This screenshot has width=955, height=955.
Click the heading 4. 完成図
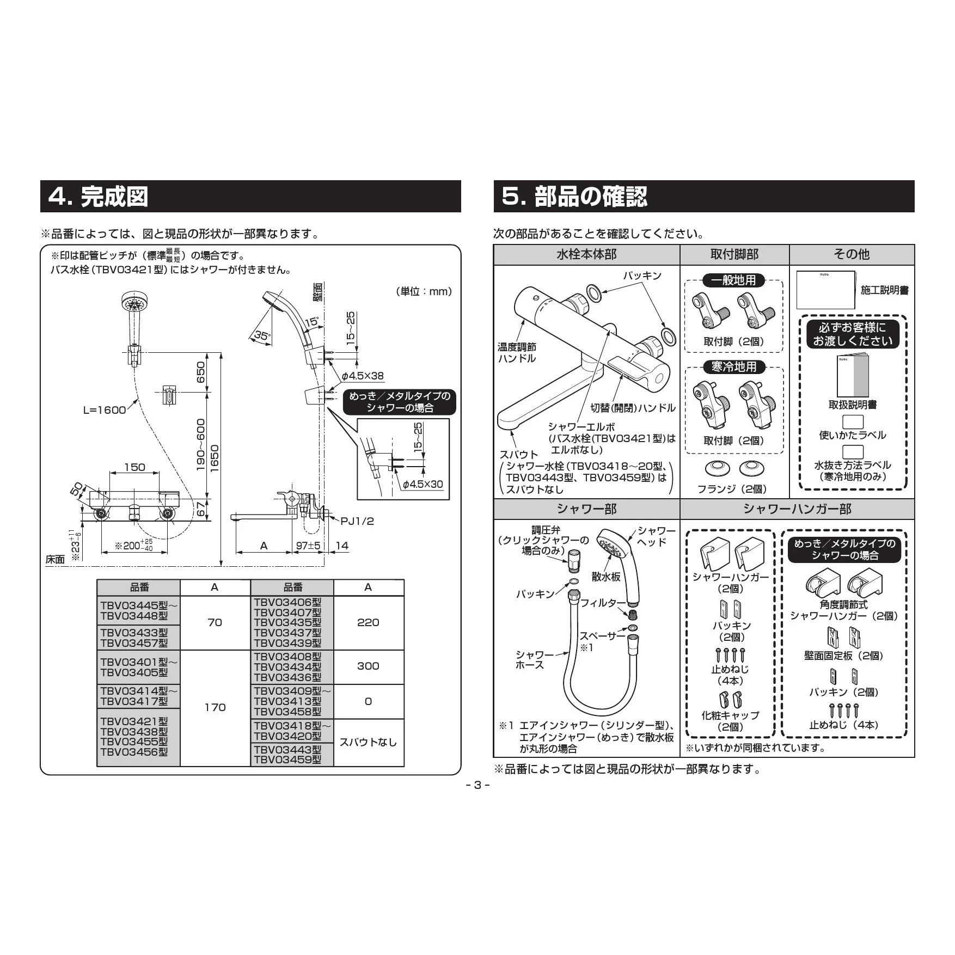click(99, 197)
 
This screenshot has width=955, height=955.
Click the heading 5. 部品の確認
click(574, 197)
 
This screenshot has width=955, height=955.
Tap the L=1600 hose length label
click(105, 410)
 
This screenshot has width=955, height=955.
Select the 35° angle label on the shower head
click(262, 336)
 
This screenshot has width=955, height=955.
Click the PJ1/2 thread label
click(357, 521)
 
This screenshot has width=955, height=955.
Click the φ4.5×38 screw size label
click(363, 376)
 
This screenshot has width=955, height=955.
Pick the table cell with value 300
click(368, 666)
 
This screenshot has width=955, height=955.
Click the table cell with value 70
click(215, 622)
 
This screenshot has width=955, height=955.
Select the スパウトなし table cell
click(368, 742)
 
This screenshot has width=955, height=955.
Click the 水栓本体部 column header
click(586, 254)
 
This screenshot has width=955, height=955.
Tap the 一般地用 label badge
click(733, 280)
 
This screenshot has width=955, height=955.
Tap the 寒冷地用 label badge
click(733, 367)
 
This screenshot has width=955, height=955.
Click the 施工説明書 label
click(884, 290)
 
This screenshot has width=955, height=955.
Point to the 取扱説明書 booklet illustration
click(853, 376)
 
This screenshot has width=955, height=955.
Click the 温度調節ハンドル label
click(517, 352)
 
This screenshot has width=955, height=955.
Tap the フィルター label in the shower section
click(599, 603)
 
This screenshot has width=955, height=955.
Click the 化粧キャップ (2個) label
click(730, 721)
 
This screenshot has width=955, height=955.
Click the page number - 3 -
click(477, 785)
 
